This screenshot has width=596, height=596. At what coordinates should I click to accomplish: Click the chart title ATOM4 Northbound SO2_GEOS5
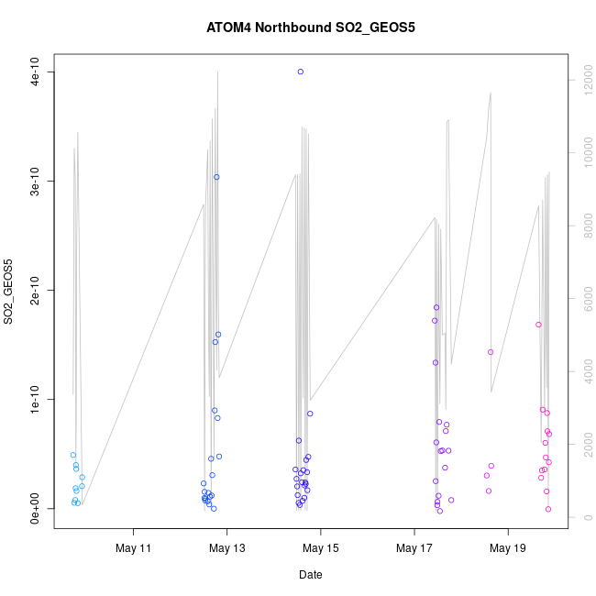pos(311,28)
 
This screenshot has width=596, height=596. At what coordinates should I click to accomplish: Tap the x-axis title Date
pos(310,575)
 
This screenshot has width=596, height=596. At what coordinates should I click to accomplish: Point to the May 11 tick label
pos(134,548)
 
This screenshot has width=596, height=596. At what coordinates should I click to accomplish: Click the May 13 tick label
pos(227,548)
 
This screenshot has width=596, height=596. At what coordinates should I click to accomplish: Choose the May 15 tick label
pos(321,548)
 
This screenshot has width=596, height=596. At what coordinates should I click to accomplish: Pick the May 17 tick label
pos(414,548)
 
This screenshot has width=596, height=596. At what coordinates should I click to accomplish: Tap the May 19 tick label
pos(508,548)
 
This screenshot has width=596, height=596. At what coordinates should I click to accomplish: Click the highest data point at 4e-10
pos(301,72)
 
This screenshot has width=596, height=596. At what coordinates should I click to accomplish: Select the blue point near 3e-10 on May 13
pos(216,177)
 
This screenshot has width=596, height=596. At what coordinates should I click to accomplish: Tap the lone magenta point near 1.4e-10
pos(491,352)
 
